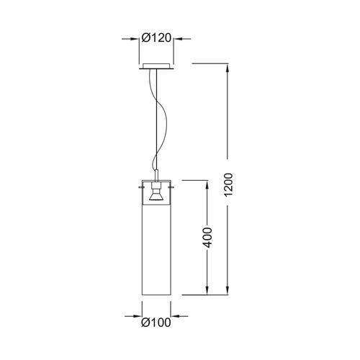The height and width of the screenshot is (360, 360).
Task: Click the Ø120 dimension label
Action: click(156, 38)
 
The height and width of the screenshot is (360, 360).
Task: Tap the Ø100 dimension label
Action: click(156, 323)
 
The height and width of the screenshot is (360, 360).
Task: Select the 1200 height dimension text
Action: click(228, 184)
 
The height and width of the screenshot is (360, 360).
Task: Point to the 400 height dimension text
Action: click(207, 238)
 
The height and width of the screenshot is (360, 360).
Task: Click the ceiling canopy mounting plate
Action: click(156, 66)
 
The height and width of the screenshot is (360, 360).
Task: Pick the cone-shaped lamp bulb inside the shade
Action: click(156, 195)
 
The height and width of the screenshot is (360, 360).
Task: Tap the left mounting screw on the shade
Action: click(140, 186)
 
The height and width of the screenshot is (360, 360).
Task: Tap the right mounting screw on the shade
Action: click(172, 186)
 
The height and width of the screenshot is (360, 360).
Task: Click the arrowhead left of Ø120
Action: click(135, 38)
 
